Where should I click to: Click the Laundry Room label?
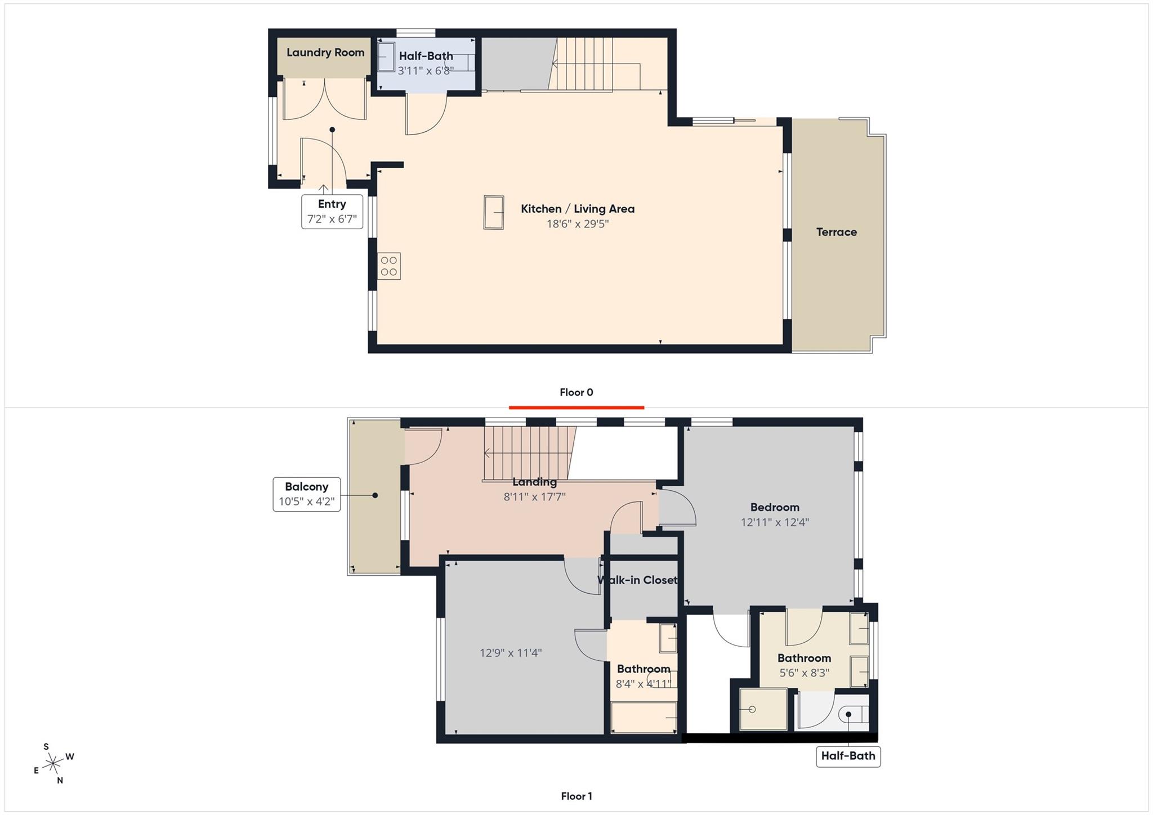click(x=325, y=52)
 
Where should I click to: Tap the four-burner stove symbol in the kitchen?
click(x=389, y=266)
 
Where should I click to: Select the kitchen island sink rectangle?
click(x=494, y=212)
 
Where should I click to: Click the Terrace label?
click(x=837, y=232)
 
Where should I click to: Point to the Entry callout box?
click(x=332, y=211)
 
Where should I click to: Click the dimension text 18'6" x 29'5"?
click(x=578, y=223)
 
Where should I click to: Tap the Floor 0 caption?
click(x=576, y=392)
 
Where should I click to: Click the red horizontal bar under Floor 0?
click(x=576, y=407)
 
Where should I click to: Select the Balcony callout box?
click(x=307, y=494)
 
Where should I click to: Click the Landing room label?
click(x=534, y=482)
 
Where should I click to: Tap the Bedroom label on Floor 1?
click(x=775, y=507)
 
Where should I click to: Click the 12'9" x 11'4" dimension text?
click(x=511, y=653)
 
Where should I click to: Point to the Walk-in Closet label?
click(x=637, y=580)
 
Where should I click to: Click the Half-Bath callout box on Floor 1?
click(x=848, y=756)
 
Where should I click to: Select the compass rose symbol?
click(x=53, y=764)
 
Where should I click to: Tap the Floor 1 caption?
click(x=576, y=796)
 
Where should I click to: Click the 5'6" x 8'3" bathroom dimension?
click(x=804, y=673)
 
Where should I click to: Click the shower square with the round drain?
click(x=763, y=709)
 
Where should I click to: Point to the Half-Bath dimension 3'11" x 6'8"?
click(x=426, y=71)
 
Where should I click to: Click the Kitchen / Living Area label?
click(x=578, y=209)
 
